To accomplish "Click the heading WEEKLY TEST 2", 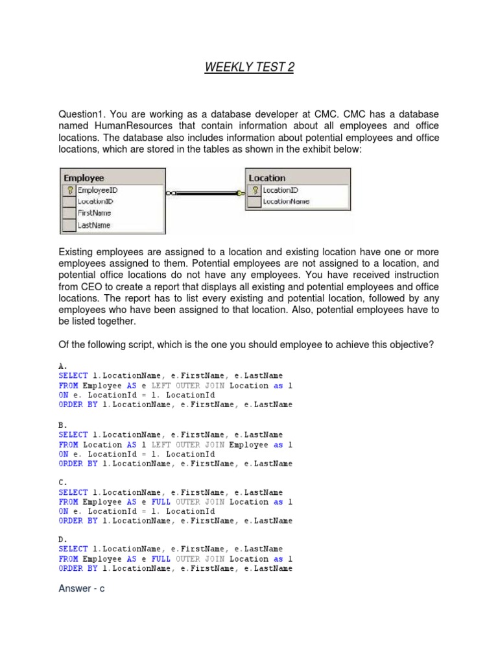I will pyautogui.click(x=249, y=68).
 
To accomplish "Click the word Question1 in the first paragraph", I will pyautogui.click(x=81, y=114).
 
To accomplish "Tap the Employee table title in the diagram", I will pyautogui.click(x=84, y=177).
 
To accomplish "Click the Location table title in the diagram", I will pyautogui.click(x=267, y=177).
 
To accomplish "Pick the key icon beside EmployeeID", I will pyautogui.click(x=69, y=190).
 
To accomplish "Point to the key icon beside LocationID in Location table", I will pyautogui.click(x=255, y=190).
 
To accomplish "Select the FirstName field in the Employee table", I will pyautogui.click(x=94, y=213).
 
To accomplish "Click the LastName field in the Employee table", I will pyautogui.click(x=94, y=225).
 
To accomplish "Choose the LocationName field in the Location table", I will pyautogui.click(x=286, y=201).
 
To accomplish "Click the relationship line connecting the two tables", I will pyautogui.click(x=204, y=193).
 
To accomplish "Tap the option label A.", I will pyautogui.click(x=63, y=366).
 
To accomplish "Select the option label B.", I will pyautogui.click(x=63, y=425).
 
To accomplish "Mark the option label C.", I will pyautogui.click(x=63, y=483).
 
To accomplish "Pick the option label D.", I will pyautogui.click(x=63, y=540).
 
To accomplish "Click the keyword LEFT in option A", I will pyautogui.click(x=161, y=386).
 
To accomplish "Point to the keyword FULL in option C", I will pyautogui.click(x=161, y=502).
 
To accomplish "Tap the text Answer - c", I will pyautogui.click(x=82, y=589).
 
